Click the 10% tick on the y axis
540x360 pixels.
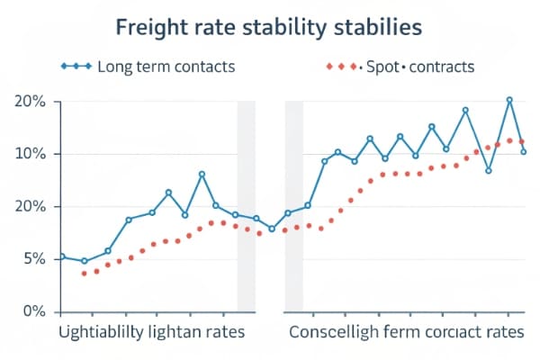click(x=31, y=154)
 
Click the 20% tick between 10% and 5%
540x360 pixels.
click(x=31, y=207)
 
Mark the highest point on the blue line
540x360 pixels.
click(x=509, y=100)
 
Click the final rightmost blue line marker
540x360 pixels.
click(x=524, y=151)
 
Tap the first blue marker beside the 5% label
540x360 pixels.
click(x=62, y=256)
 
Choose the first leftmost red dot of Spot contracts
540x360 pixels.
click(x=85, y=273)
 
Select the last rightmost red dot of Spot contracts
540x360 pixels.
click(x=522, y=141)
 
